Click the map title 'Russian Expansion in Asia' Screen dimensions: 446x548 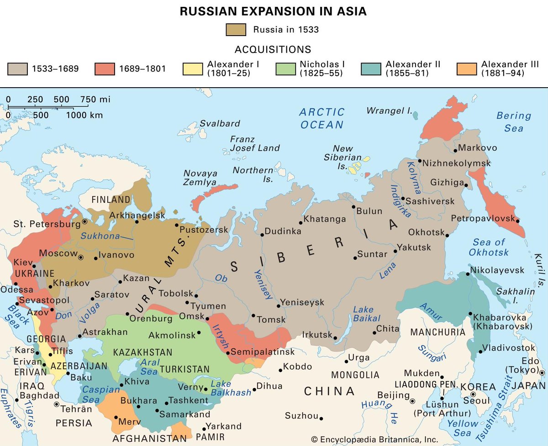tap(273, 11)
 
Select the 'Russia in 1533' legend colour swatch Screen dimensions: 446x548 tap(236, 30)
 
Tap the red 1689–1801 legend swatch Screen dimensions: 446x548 tap(104, 69)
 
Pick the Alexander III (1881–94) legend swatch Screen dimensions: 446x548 tap(466, 69)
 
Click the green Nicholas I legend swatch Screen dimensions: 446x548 tap(285, 69)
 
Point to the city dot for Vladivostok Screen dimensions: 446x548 tap(480, 352)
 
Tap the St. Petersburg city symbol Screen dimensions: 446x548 tap(84, 222)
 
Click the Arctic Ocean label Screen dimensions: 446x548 tap(322, 118)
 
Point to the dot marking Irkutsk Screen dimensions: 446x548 tap(336, 338)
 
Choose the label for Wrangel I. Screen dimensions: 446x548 tap(389, 110)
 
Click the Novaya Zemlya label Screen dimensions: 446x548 tap(200, 178)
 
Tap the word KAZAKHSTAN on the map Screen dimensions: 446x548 tap(142, 352)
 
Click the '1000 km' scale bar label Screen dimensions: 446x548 tap(84, 115)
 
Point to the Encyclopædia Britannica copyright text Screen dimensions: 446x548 tap(374, 439)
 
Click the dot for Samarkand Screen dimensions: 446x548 tap(157, 411)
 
